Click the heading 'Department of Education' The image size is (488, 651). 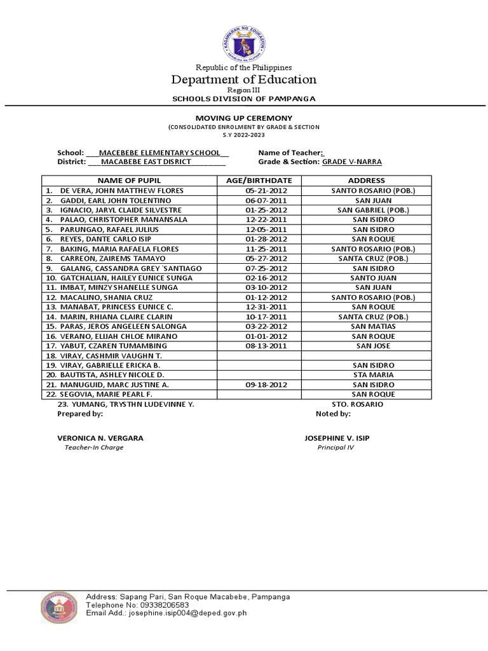[x=244, y=79]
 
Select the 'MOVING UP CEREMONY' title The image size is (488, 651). [x=244, y=118]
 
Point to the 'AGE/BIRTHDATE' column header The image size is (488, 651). [x=259, y=181]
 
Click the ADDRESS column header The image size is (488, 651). [x=366, y=181]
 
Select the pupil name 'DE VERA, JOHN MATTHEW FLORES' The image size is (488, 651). [x=121, y=191]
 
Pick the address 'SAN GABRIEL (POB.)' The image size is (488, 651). [x=373, y=210]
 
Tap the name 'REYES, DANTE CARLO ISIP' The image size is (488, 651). [x=105, y=239]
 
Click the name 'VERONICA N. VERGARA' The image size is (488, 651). [x=100, y=438]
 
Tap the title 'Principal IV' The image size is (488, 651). [x=335, y=448]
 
